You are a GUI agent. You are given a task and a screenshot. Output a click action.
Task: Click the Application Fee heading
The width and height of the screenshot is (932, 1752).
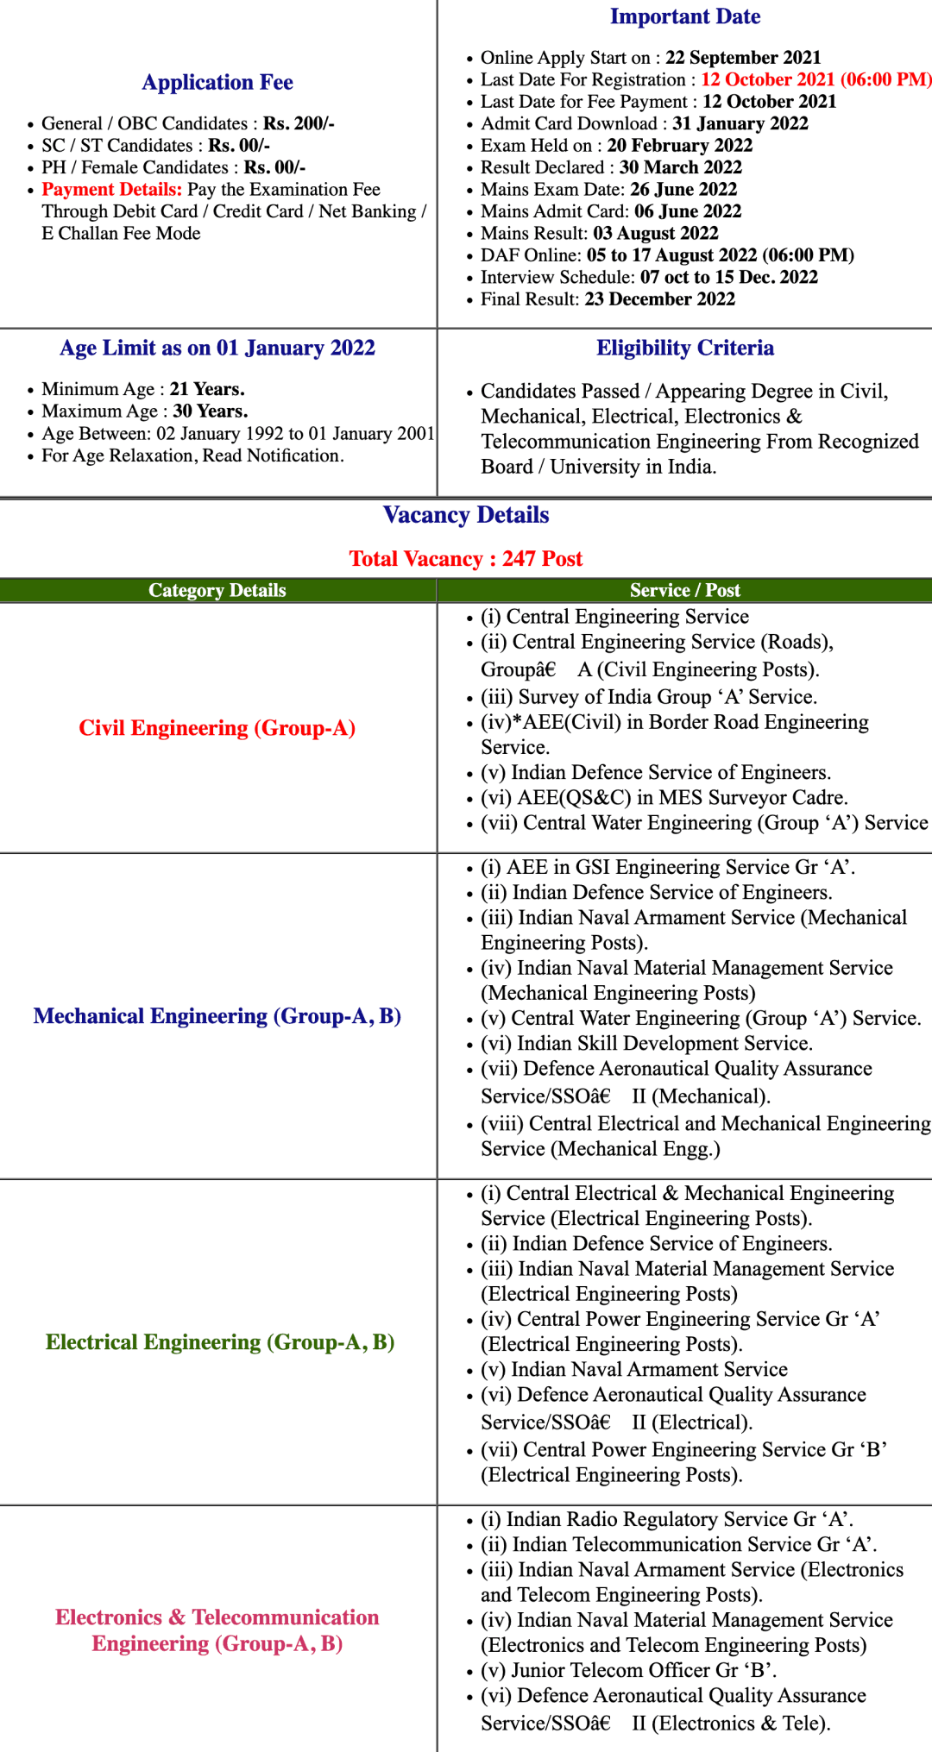click(x=217, y=83)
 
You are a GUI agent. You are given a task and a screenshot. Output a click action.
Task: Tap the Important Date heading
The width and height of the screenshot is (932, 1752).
click(x=685, y=16)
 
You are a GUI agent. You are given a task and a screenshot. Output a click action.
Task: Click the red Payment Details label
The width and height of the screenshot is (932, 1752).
click(x=112, y=190)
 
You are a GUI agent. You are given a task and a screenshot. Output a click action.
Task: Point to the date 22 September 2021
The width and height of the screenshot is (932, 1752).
click(x=743, y=58)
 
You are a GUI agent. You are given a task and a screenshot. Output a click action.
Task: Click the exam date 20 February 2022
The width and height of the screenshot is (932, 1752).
click(x=679, y=146)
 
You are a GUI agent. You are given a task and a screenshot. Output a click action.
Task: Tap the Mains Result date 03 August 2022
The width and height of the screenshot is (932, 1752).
click(x=655, y=234)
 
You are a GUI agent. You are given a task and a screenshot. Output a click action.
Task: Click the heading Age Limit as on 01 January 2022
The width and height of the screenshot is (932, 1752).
click(x=217, y=349)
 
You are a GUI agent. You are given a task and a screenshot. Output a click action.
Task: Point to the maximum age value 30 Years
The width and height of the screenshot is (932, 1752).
click(x=211, y=411)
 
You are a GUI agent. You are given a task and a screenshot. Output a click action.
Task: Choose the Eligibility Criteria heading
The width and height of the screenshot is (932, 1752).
click(x=685, y=349)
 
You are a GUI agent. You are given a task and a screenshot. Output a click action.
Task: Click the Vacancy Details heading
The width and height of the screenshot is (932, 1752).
click(x=466, y=515)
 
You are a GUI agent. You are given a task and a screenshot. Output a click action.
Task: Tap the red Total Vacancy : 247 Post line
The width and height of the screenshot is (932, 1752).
click(x=466, y=559)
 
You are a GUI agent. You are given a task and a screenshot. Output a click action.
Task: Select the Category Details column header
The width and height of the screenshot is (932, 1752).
click(x=217, y=590)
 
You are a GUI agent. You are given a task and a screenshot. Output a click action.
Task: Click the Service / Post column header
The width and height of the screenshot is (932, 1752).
click(x=685, y=590)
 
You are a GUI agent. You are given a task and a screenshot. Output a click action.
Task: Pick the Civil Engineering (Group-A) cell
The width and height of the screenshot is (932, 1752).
click(x=217, y=728)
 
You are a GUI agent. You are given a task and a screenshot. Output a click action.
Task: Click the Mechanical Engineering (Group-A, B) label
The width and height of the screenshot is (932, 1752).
click(x=217, y=1016)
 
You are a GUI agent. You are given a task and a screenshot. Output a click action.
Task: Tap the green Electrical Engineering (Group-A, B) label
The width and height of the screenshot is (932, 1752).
click(x=220, y=1342)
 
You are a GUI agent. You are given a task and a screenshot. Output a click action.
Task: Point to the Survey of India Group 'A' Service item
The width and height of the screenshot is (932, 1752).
click(x=649, y=697)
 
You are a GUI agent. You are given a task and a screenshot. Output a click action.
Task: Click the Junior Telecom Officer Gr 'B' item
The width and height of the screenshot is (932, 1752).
click(x=629, y=1671)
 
